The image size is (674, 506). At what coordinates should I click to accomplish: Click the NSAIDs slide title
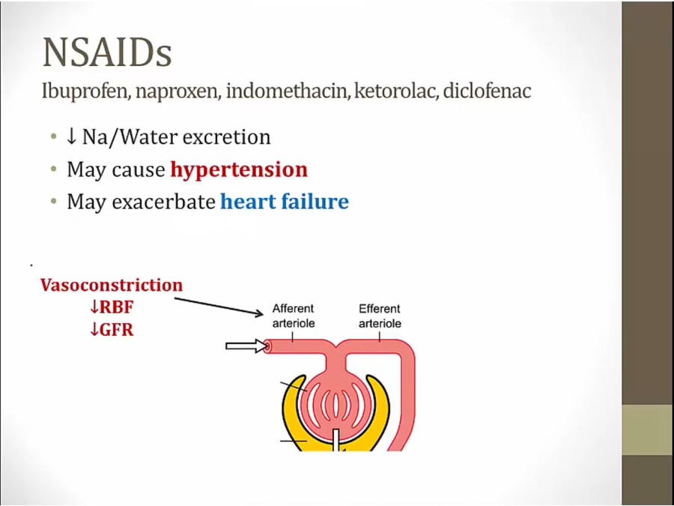(107, 53)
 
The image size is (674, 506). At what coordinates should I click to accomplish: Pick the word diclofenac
(487, 91)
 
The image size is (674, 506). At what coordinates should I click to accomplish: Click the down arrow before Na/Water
(71, 137)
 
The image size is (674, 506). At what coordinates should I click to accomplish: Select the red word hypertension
(239, 170)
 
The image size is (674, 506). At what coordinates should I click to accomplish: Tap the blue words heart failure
(285, 202)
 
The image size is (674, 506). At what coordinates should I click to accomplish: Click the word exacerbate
(164, 202)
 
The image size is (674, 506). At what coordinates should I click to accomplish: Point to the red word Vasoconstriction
(112, 285)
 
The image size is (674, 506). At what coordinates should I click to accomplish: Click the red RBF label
(112, 307)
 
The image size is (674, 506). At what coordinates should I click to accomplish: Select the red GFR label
(112, 330)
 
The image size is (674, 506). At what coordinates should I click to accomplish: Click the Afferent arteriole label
(293, 316)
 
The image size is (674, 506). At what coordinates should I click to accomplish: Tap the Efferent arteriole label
(380, 316)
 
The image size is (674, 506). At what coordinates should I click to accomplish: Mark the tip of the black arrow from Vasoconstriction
(264, 314)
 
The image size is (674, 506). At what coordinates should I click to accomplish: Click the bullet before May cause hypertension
(54, 170)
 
